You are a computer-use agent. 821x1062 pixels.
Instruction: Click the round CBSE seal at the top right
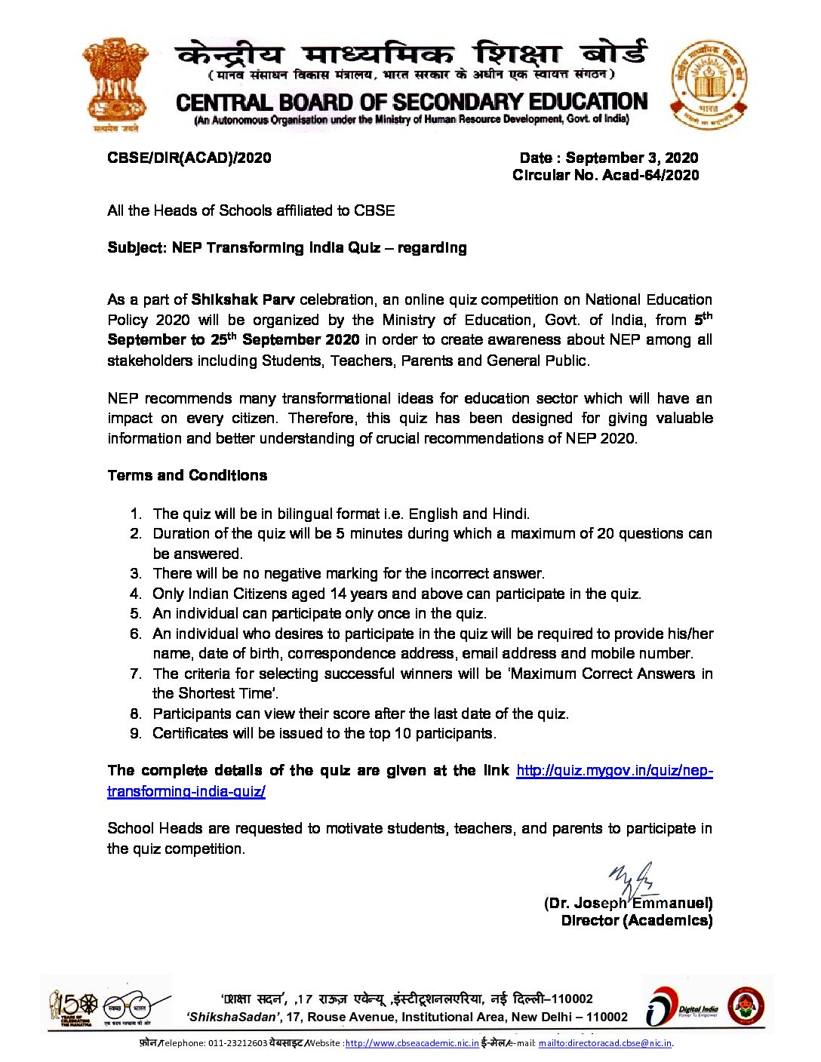709,84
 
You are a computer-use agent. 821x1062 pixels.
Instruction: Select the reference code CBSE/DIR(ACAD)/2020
189,158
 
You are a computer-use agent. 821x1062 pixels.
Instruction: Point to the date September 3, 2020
632,158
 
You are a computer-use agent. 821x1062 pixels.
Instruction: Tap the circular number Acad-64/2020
651,175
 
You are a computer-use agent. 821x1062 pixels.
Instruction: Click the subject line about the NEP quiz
287,248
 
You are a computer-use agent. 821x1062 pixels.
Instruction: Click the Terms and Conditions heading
187,475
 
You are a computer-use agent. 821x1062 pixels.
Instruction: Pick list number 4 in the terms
136,594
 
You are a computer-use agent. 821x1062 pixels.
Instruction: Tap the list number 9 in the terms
136,733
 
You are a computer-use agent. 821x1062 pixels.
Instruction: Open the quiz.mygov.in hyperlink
613,771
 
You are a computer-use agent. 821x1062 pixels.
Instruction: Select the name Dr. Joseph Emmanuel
629,903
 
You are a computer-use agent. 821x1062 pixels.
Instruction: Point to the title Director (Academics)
636,920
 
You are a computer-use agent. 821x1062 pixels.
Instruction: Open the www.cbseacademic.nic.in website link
411,1043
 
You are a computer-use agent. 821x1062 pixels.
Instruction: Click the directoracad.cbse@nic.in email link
604,1043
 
